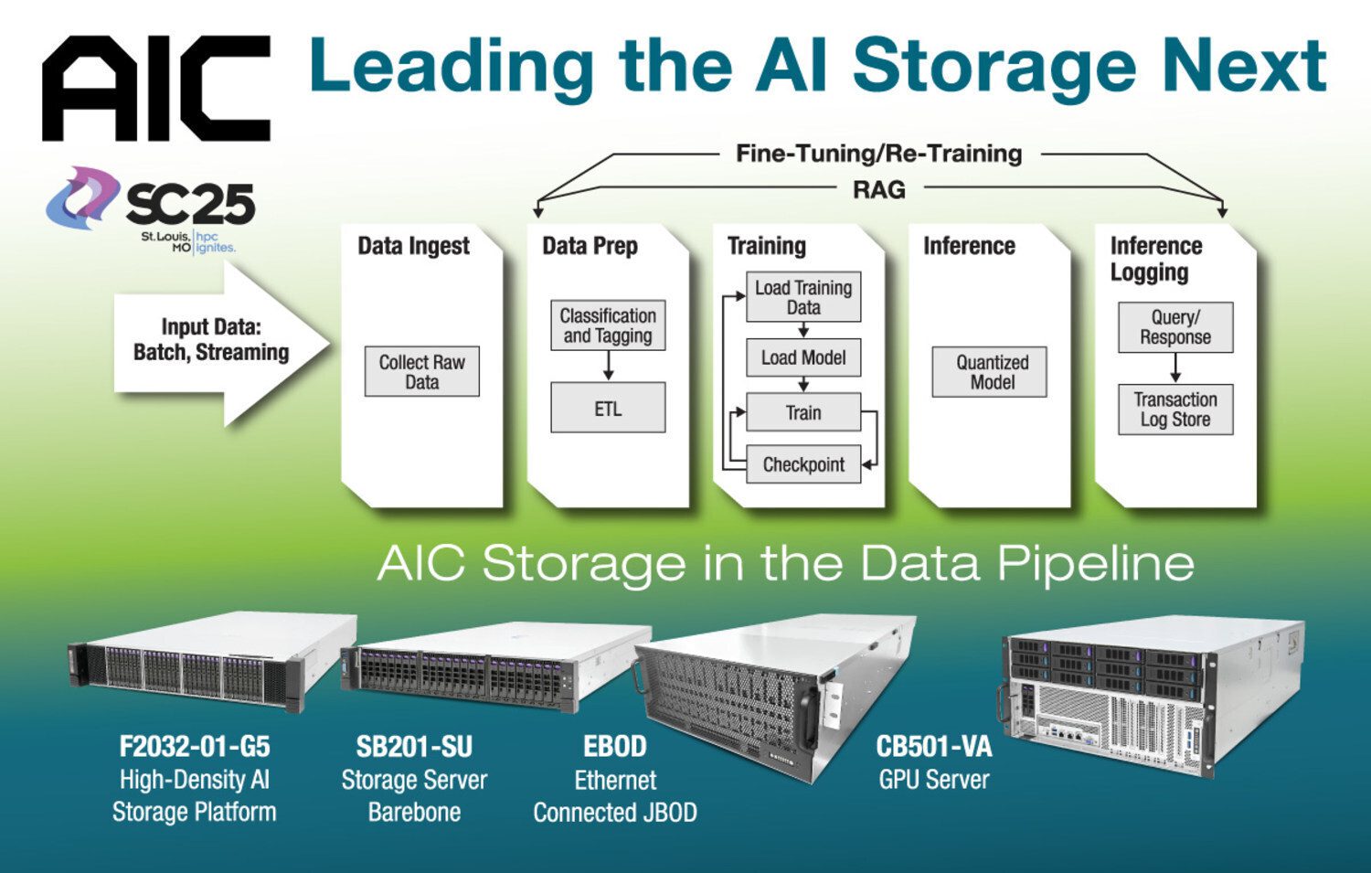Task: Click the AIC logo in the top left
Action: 155,89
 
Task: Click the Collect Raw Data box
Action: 421,372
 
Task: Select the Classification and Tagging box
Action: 608,325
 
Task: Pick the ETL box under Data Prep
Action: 608,409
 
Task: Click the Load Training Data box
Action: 803,298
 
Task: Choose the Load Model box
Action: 803,357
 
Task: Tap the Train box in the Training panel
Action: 803,412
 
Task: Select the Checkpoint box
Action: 803,464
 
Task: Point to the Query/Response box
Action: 1175,327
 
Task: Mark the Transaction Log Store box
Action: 1175,410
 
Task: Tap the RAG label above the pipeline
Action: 878,190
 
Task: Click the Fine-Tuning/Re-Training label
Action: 878,154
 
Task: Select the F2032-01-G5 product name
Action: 195,747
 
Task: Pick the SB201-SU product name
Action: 414,747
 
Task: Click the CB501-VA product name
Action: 933,747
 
